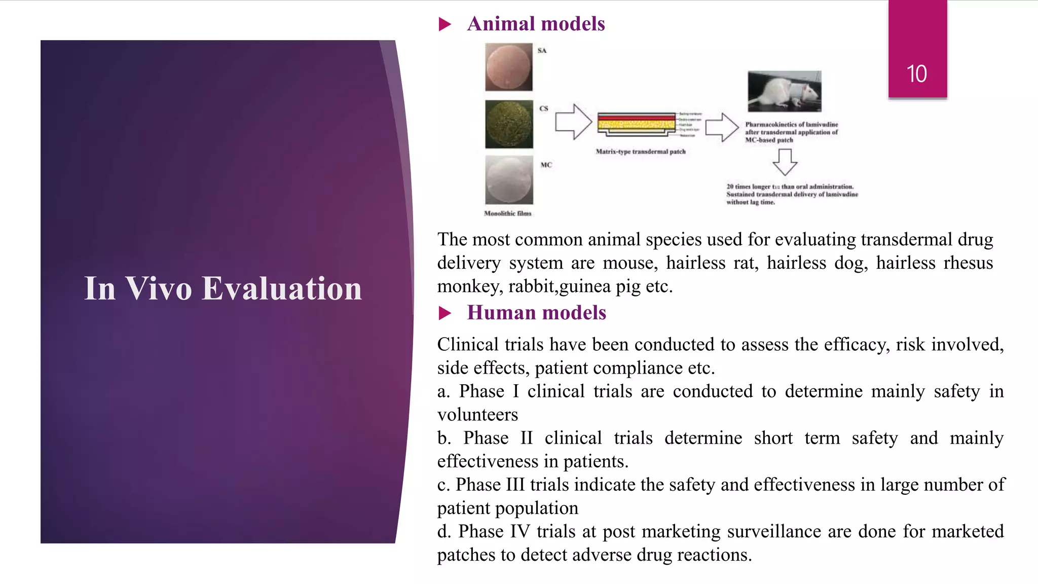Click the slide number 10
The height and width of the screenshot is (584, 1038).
[x=916, y=74]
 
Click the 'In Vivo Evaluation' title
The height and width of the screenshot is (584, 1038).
[x=223, y=288]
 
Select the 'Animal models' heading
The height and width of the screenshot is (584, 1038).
[x=536, y=24]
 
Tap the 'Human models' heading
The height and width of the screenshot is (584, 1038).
[x=536, y=313]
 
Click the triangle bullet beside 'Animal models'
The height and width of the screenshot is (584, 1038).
[x=444, y=24]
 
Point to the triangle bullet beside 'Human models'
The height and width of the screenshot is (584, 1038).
[x=444, y=313]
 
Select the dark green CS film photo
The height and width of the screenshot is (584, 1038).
[x=509, y=124]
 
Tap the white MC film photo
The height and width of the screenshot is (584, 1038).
[x=509, y=180]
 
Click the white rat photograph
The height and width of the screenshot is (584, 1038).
[x=784, y=91]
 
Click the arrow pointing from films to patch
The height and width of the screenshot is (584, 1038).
[x=573, y=122]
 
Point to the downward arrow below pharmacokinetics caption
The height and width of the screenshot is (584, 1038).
[x=785, y=162]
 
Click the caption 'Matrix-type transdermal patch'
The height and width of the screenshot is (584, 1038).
[x=640, y=152]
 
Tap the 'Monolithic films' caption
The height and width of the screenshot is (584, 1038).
[x=507, y=213]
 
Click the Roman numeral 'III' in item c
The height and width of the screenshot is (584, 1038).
[x=515, y=485]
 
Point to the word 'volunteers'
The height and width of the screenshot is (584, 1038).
[x=477, y=415]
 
